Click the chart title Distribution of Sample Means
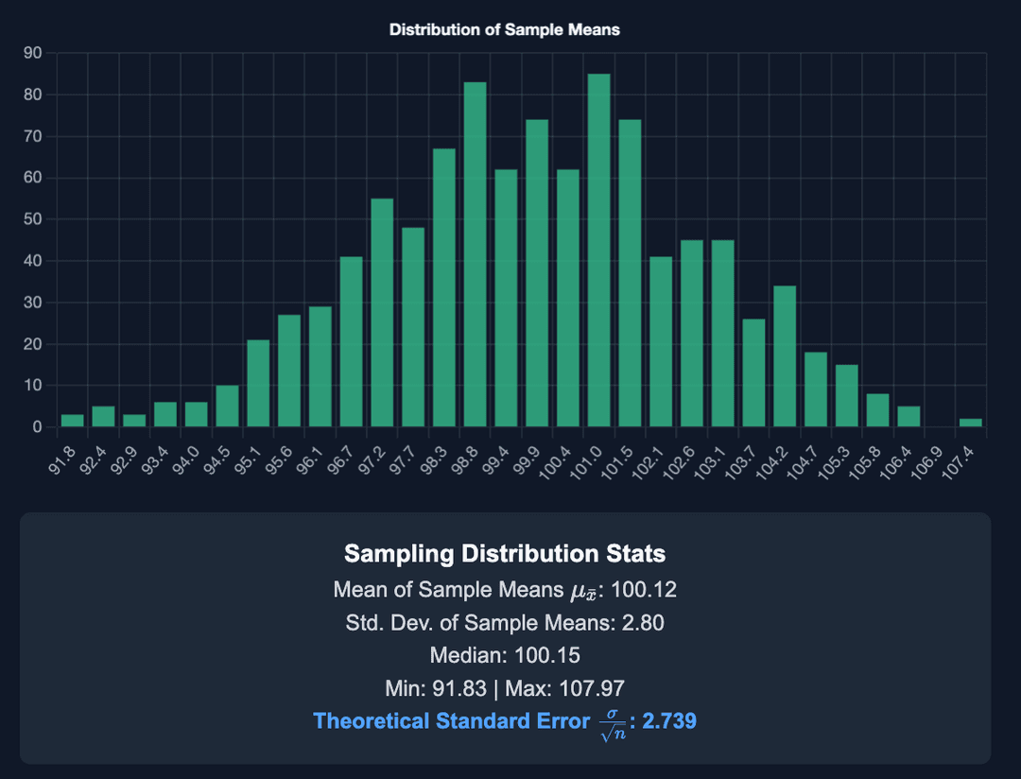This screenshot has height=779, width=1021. [505, 29]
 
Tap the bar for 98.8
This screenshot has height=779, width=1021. [476, 254]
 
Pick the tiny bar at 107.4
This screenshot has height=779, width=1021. [971, 423]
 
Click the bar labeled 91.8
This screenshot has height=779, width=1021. [73, 421]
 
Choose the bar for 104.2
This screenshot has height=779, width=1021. [785, 356]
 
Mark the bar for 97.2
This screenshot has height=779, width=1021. [382, 313]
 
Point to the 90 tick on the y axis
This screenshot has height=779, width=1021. [32, 53]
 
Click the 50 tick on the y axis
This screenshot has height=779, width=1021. [32, 219]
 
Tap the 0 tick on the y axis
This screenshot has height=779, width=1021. [37, 427]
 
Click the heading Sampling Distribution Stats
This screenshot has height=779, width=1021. [505, 553]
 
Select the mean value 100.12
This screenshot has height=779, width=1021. [644, 591]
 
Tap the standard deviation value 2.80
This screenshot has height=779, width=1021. [643, 623]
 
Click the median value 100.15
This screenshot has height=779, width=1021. [548, 655]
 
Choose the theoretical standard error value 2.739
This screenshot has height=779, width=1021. [669, 721]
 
